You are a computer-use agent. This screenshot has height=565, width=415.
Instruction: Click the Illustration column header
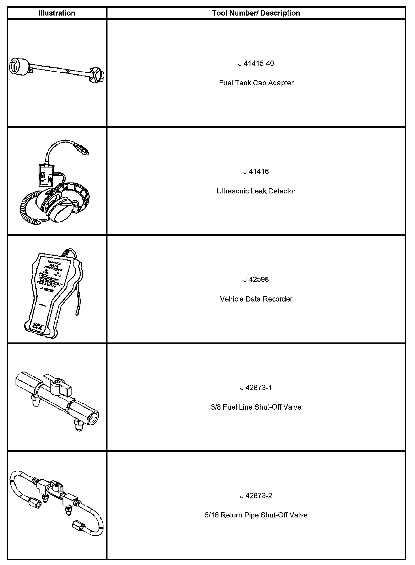click(56, 13)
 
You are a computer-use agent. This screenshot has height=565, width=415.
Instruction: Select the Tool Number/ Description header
click(256, 13)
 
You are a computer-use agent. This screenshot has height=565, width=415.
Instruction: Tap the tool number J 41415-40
click(256, 63)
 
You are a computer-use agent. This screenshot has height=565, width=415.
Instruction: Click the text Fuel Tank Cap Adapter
click(256, 83)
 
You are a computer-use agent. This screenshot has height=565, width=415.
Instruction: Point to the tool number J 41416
click(256, 172)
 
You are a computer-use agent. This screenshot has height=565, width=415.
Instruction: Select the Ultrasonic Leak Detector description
click(256, 191)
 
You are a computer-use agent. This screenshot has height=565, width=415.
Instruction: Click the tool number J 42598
click(256, 280)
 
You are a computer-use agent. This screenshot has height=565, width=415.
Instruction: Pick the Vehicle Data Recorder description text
click(256, 299)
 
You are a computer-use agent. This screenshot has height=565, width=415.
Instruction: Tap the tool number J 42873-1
click(256, 388)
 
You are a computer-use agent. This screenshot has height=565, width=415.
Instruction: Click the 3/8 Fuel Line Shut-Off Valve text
click(256, 407)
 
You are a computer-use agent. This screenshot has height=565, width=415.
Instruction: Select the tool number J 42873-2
click(256, 496)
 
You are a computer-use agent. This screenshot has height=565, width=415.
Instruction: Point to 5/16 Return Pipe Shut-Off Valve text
click(256, 515)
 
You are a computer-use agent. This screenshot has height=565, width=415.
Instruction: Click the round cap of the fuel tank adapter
click(19, 68)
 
